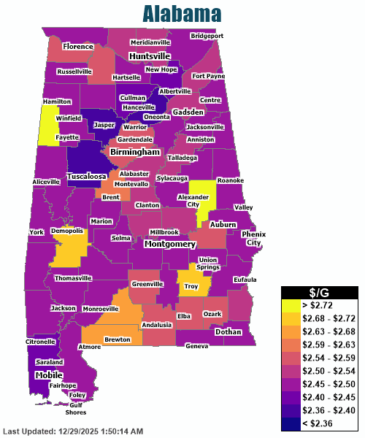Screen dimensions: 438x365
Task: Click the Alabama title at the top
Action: [182, 14]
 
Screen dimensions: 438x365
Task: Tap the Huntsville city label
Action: [150, 56]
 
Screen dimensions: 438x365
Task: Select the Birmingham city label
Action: [134, 153]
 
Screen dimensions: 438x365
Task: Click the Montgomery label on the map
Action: [170, 244]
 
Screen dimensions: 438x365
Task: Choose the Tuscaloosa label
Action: [87, 177]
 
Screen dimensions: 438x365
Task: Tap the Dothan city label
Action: [228, 331]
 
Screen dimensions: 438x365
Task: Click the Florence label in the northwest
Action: [78, 46]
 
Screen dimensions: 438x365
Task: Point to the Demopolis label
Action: [68, 231]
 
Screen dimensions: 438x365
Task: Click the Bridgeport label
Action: [207, 36]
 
